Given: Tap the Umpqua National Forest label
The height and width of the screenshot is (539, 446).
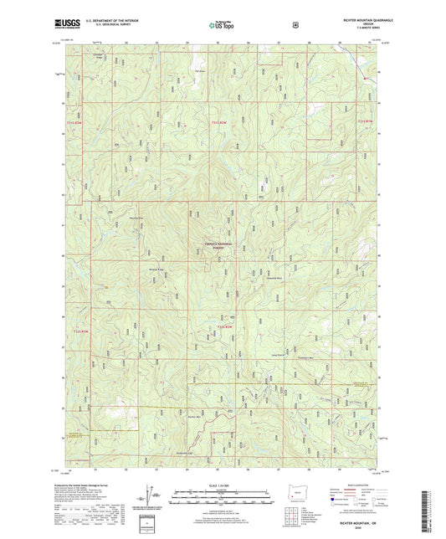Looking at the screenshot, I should [x=219, y=245].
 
